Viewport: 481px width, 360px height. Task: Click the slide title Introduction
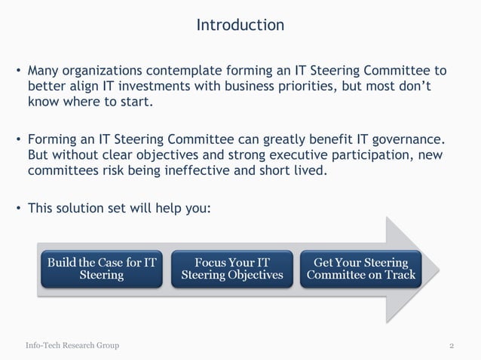240,26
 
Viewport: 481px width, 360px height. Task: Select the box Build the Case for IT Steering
102,269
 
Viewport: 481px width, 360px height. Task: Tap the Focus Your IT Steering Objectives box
232,269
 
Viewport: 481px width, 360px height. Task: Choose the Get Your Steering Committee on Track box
360,269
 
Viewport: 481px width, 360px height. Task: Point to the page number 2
451,346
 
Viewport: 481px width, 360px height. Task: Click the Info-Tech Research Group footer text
72,346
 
